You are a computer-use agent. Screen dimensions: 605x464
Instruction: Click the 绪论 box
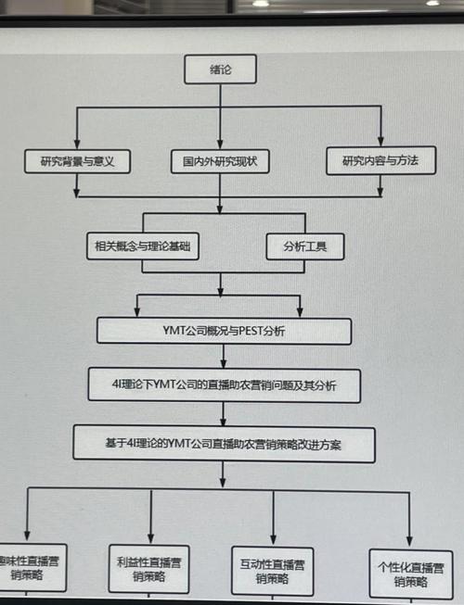click(219, 69)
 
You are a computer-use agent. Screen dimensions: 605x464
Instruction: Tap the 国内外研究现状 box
click(220, 161)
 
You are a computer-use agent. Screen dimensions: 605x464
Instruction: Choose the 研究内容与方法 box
click(380, 160)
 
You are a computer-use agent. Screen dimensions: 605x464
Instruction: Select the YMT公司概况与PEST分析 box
click(224, 331)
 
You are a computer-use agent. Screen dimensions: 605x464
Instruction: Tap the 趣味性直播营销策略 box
click(30, 567)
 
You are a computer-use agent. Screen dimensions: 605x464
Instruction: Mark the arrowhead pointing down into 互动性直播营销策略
click(274, 543)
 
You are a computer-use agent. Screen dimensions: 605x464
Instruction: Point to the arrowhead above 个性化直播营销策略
click(409, 544)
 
